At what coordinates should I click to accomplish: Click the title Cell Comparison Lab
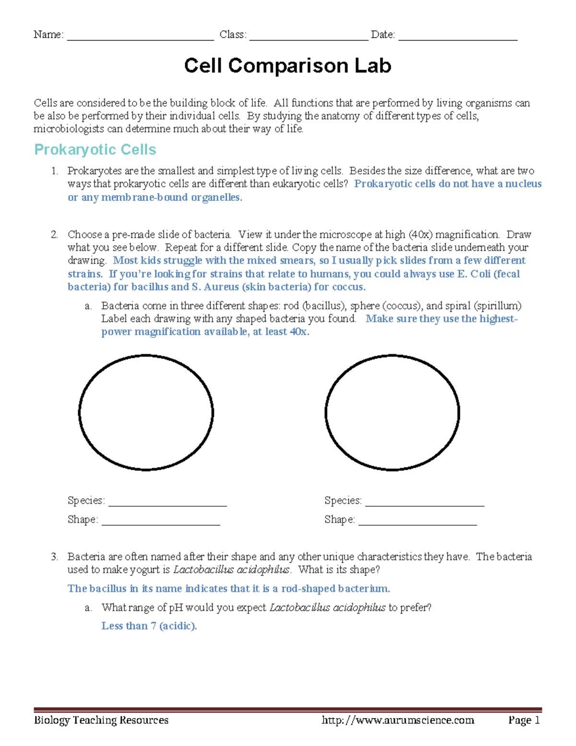click(x=288, y=66)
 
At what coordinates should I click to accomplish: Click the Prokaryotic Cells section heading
click(x=95, y=150)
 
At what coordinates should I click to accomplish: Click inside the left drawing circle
click(x=146, y=412)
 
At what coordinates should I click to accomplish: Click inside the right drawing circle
click(x=392, y=412)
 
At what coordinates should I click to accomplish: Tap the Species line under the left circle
click(x=167, y=502)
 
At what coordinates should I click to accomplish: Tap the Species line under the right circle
click(x=424, y=502)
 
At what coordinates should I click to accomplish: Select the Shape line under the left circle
click(x=160, y=522)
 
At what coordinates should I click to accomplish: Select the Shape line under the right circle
click(x=417, y=522)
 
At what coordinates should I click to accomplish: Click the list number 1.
click(x=54, y=171)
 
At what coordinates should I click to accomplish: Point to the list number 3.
click(x=54, y=557)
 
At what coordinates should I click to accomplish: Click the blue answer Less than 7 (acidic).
click(x=149, y=626)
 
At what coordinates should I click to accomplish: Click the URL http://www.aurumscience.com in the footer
click(x=398, y=720)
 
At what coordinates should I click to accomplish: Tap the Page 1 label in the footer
click(x=524, y=720)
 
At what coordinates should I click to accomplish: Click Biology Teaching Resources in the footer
click(x=101, y=720)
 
